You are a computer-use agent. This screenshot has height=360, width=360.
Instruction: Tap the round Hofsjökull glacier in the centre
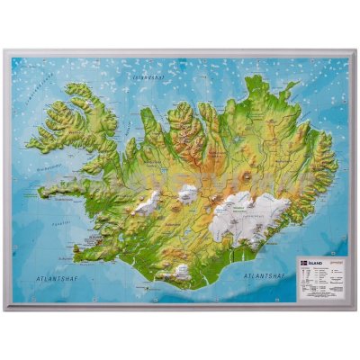coord(187,193)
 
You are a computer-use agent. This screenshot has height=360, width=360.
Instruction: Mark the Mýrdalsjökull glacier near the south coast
coord(184,269)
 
